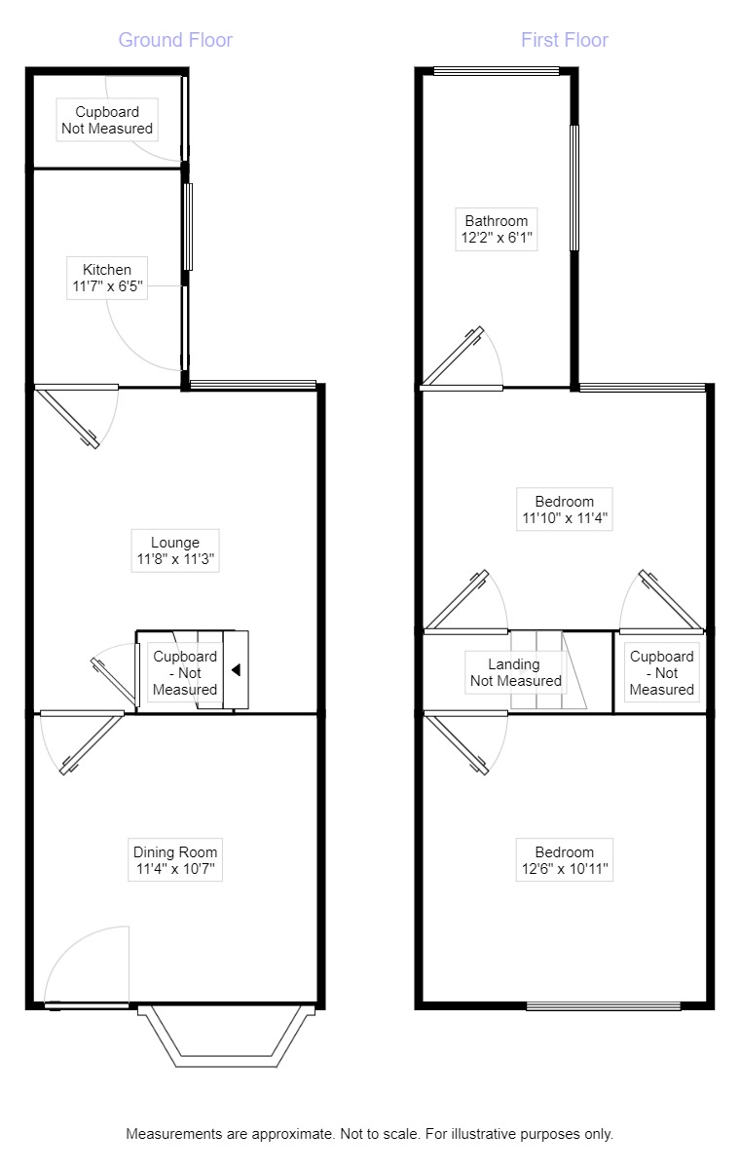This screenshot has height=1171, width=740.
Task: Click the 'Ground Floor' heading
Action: [175, 40]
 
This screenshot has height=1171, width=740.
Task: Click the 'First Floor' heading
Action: [565, 40]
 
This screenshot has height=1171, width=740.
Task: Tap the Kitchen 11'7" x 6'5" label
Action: [107, 278]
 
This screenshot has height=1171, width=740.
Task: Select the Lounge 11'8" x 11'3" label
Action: [175, 551]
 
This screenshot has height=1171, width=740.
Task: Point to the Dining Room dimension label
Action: [175, 861]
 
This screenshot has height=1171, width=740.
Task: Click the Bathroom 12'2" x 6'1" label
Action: [496, 229]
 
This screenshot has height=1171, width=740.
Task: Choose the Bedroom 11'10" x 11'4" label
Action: [565, 510]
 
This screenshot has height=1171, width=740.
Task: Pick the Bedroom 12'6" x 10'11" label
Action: [565, 859]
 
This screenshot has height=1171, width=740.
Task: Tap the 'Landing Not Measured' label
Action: [515, 672]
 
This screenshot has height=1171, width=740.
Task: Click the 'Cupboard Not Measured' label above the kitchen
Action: [107, 120]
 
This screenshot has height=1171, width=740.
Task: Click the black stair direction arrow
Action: [235, 670]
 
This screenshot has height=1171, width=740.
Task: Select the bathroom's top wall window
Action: [497, 70]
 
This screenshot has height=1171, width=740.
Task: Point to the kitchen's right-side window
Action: [188, 226]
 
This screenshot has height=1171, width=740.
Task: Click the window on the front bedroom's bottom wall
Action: [604, 1005]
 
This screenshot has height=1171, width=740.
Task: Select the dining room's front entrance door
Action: [87, 1003]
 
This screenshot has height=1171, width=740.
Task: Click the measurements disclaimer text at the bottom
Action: [370, 1134]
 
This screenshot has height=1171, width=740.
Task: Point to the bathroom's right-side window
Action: [574, 187]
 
